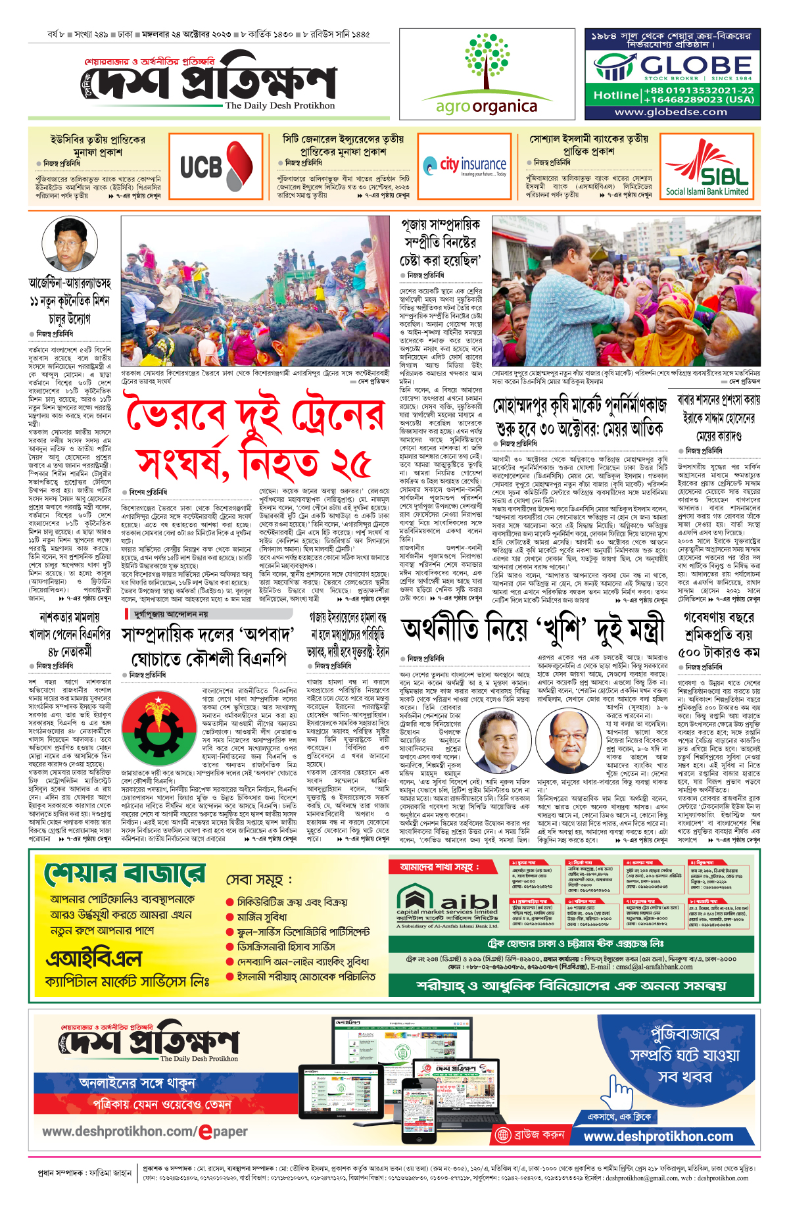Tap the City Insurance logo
pos(464,165)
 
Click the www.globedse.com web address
pos(671,112)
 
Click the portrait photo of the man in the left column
pos(70,244)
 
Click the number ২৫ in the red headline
pos(350,464)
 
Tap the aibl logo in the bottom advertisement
pos(447,901)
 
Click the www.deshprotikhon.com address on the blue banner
pos(657,1136)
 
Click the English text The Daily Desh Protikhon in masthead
pos(279,105)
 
